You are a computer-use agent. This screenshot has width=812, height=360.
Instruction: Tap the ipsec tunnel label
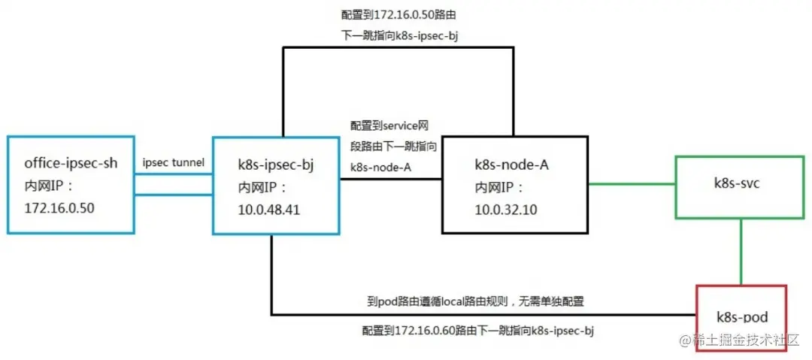point(173,163)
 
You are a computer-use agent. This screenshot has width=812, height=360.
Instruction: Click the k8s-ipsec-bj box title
point(274,165)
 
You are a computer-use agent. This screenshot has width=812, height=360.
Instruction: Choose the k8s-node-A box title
point(512,165)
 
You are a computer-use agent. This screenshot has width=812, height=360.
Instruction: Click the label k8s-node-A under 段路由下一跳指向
point(380,167)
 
